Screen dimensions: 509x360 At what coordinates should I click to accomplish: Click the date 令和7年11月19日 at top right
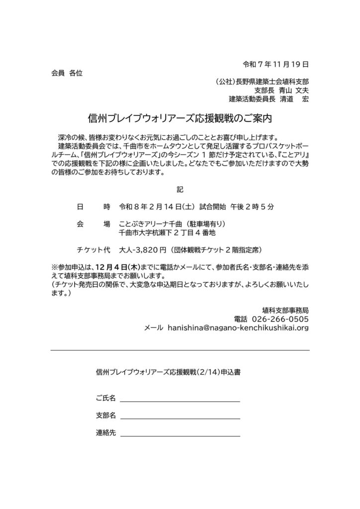(x=275, y=64)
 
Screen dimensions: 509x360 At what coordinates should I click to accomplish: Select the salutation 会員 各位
(x=67, y=73)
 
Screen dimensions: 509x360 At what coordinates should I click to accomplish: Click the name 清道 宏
(x=294, y=99)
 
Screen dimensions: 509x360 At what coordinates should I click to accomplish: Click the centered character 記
(x=180, y=189)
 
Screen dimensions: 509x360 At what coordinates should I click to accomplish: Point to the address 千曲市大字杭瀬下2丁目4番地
(x=167, y=233)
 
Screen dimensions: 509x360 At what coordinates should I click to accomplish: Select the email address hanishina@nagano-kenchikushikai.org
(x=239, y=328)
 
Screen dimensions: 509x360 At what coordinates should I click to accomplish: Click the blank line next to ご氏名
(x=180, y=401)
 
